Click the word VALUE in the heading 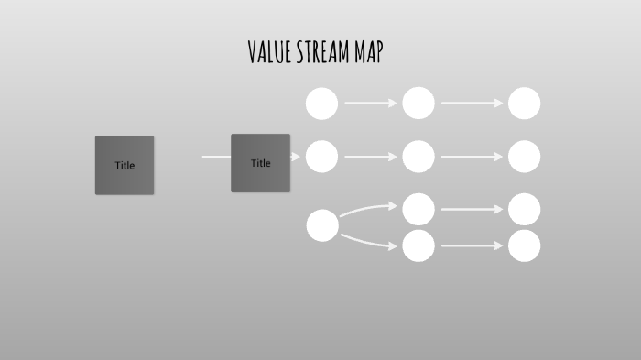coord(269,52)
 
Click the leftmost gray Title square coord(125,165)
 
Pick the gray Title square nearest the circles coord(260,163)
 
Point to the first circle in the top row coord(321,104)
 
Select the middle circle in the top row coord(418,104)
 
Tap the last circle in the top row coord(524,104)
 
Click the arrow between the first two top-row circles coord(370,104)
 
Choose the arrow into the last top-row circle coord(472,104)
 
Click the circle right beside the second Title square coord(321,157)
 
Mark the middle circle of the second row coord(418,157)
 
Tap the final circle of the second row coord(524,157)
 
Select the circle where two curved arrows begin coord(322,225)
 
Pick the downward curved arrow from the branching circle coord(370,242)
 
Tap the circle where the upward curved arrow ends coord(418,209)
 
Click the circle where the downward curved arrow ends coord(418,245)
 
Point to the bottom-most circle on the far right coord(524,245)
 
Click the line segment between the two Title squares coord(216,157)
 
